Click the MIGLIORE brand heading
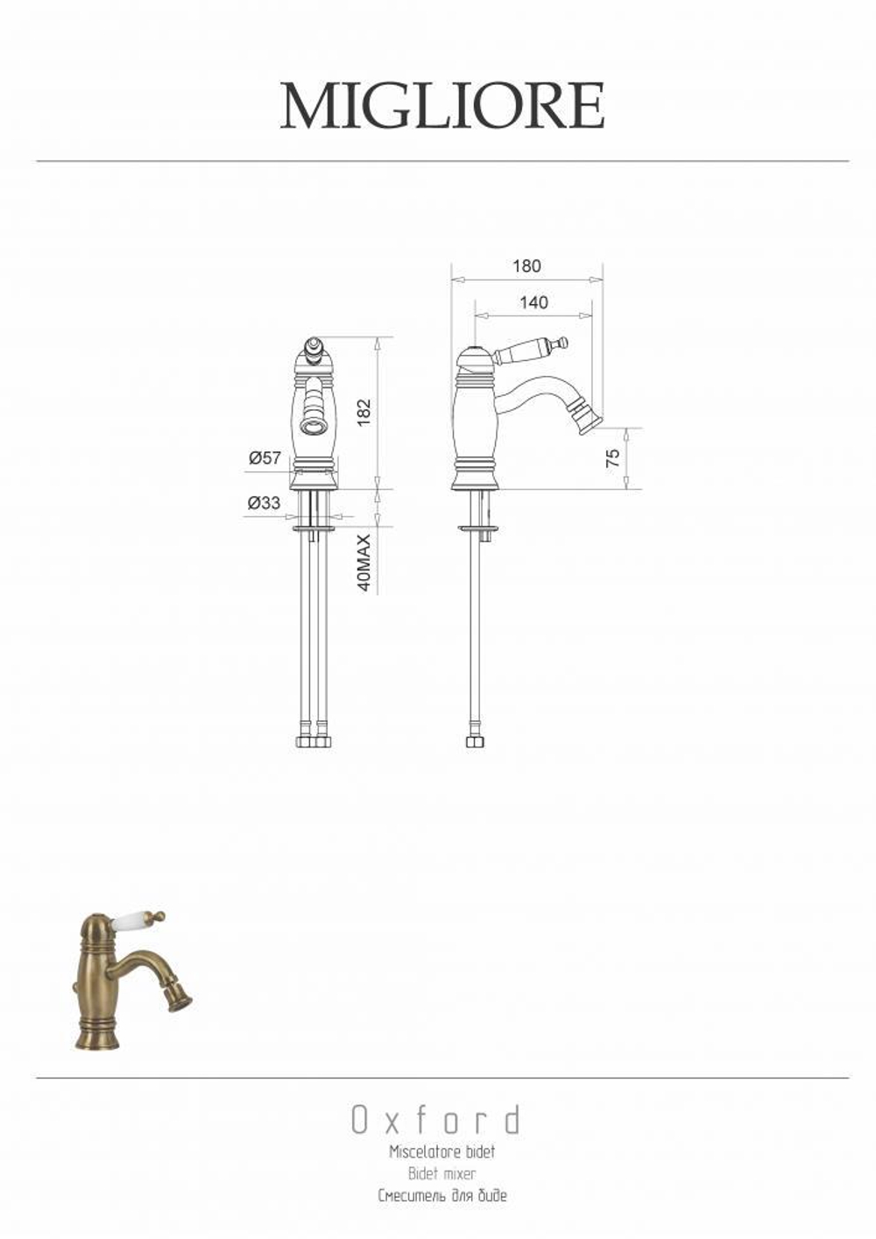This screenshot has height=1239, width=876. click(x=442, y=106)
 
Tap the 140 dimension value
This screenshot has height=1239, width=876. click(x=533, y=302)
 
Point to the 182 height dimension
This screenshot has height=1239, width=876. click(x=364, y=412)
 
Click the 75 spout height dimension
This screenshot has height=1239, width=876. click(x=612, y=458)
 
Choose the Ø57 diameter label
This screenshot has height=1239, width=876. click(x=265, y=458)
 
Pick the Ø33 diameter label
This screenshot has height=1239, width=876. click(x=264, y=503)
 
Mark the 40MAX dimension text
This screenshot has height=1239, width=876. click(x=364, y=563)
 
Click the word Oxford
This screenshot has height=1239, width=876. click(x=436, y=1121)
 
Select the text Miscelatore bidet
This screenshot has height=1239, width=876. click(x=442, y=1152)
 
